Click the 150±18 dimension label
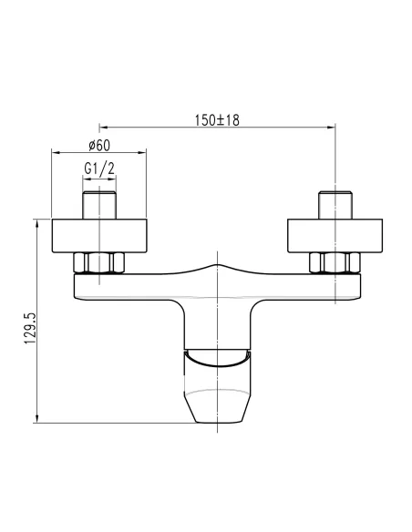tap(217, 120)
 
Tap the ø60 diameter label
tap(99, 146)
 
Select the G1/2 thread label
tap(99, 169)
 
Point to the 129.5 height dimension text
tap(30, 328)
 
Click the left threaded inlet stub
tap(99, 205)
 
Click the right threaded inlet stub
tap(335, 205)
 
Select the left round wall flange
tap(99, 236)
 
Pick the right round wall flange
tap(335, 236)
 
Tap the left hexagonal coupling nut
tap(99, 262)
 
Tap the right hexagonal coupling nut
tap(335, 262)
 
